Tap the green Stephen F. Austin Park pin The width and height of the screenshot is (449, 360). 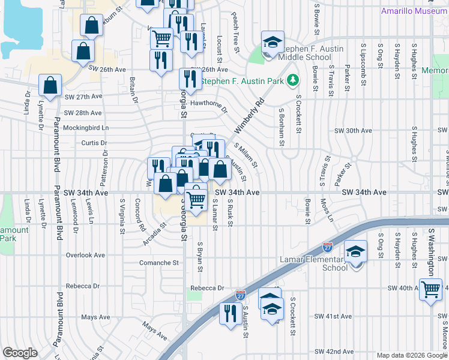point(292,79)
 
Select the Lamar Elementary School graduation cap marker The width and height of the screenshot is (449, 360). point(356,252)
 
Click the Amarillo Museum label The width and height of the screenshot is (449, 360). point(414,11)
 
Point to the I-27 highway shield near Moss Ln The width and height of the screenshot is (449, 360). point(327,247)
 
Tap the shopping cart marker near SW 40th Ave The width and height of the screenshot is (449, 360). point(431,290)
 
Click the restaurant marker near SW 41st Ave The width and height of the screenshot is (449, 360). point(230,313)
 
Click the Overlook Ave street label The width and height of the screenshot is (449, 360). point(85,255)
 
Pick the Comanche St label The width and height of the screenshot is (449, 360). point(158,263)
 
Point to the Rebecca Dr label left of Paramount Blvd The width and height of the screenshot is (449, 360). point(86,286)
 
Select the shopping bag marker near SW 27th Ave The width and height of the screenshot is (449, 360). point(50,85)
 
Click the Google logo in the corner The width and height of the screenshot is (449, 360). point(20,352)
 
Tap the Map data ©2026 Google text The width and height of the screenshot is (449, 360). point(411,355)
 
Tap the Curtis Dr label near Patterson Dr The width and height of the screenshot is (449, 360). point(93,143)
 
